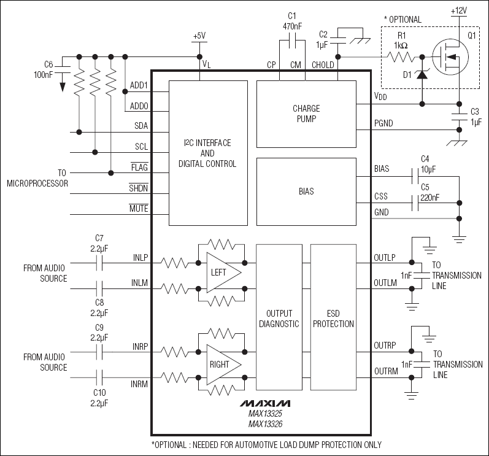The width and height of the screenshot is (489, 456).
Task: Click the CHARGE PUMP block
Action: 306,114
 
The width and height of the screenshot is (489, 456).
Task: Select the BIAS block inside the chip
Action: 306,191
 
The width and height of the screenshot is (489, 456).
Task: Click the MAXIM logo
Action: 265,403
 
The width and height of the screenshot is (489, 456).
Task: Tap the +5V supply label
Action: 199,36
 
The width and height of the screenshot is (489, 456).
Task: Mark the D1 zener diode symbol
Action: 423,74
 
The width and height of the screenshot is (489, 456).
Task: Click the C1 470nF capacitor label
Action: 292,21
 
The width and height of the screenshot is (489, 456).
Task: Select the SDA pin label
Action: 141,126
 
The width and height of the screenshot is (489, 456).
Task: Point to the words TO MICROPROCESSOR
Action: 37,178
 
